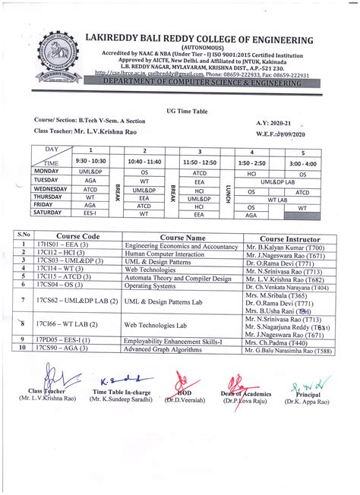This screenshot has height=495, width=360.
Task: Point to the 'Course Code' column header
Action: (76, 237)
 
